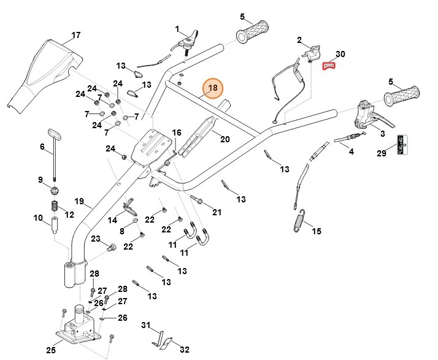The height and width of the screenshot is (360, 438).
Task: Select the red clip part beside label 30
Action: coord(329,66)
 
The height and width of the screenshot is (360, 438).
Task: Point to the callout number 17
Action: coord(75,35)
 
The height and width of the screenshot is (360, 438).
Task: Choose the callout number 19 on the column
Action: coord(79,201)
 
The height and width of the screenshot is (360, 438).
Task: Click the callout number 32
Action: coord(184,350)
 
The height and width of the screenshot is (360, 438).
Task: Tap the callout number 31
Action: coord(145,325)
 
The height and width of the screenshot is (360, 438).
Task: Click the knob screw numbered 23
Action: coord(111,248)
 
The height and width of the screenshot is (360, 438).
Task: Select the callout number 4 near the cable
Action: coord(351,151)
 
